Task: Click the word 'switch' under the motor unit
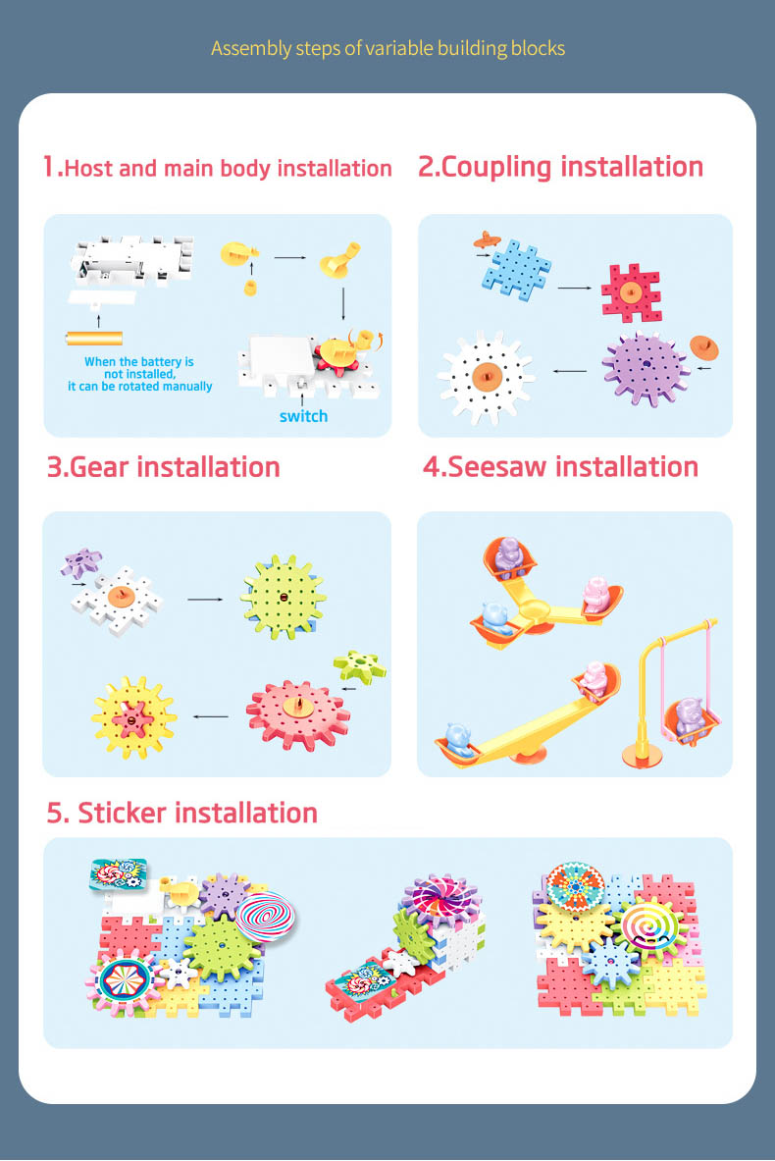point(303,416)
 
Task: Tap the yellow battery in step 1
point(94,339)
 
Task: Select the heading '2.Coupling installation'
point(560,168)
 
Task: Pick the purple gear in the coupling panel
point(646,369)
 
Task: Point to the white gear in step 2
point(486,377)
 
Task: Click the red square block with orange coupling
point(631,291)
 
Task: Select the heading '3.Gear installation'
point(164,467)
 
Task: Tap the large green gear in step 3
point(283,597)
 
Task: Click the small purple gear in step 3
point(80,562)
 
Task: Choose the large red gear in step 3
point(298,714)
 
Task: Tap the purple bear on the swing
point(690,716)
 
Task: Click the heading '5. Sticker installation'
point(182,813)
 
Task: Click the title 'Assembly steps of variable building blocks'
point(387,48)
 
